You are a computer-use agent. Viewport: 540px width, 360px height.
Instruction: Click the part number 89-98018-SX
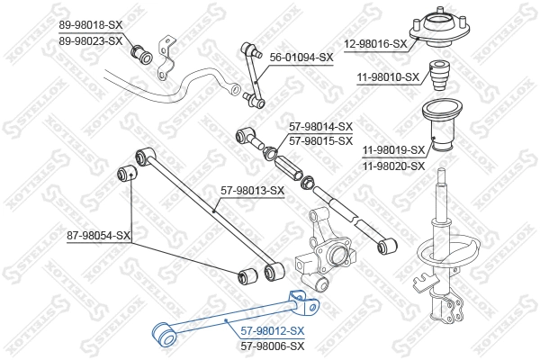(91, 24)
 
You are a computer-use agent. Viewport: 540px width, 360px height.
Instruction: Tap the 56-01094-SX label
(301, 57)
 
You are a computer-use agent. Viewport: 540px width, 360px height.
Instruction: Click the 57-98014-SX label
(320, 127)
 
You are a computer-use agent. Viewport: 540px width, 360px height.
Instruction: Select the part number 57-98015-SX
(320, 141)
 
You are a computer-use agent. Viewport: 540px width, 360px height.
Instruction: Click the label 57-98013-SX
(253, 190)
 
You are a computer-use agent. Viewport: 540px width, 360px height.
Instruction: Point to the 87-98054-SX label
(99, 236)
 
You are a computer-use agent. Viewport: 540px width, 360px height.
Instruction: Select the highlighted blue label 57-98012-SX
(272, 330)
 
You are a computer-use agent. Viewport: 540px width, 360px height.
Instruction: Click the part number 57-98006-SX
(272, 345)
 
